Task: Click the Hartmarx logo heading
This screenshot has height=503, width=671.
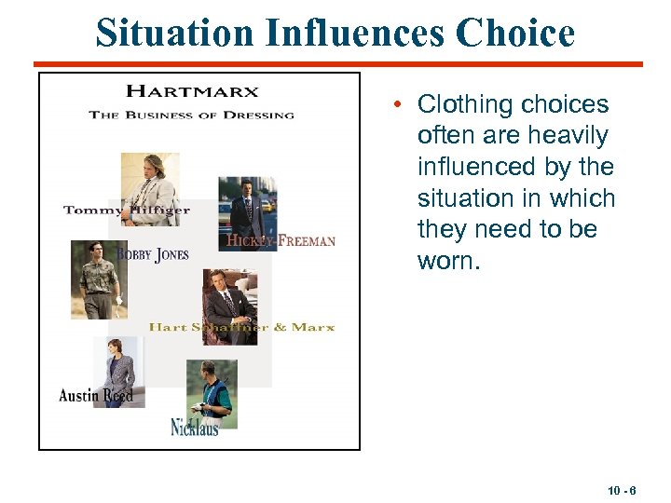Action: (192, 91)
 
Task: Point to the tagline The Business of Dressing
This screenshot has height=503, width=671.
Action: (191, 116)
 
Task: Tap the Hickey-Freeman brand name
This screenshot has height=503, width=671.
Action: (281, 241)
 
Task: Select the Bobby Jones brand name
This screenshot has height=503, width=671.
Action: (153, 254)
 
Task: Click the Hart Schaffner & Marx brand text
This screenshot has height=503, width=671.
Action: (241, 328)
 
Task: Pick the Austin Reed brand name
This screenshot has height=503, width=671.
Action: (96, 396)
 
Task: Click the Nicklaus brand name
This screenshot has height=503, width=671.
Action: (195, 428)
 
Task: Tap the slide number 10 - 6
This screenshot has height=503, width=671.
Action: (623, 490)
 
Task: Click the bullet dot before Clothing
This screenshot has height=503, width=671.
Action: (398, 104)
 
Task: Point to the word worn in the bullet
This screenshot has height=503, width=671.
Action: (449, 261)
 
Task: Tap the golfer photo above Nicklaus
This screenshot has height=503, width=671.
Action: (212, 391)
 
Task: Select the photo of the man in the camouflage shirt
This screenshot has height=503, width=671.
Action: (98, 278)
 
